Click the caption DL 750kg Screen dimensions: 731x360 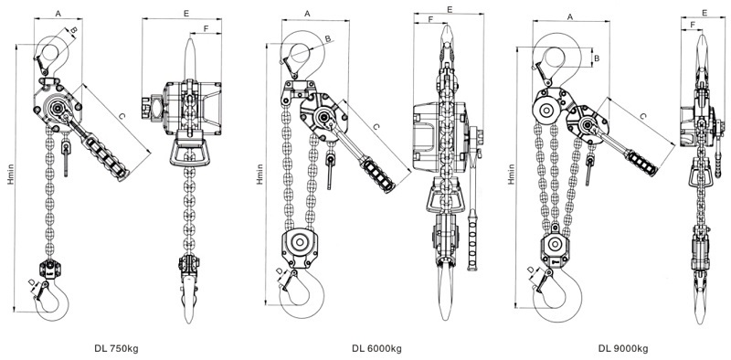click(x=117, y=348)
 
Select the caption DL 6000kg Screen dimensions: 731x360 click(x=376, y=348)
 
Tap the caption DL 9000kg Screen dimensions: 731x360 click(x=623, y=348)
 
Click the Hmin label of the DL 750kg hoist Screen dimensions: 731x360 click(x=11, y=175)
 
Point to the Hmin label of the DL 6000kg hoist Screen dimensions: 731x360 click(x=260, y=174)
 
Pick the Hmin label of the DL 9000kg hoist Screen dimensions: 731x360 click(x=512, y=174)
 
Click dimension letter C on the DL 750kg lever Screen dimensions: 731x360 click(x=122, y=117)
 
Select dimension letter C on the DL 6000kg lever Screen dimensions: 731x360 click(x=376, y=126)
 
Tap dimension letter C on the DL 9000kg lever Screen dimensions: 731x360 click(x=643, y=116)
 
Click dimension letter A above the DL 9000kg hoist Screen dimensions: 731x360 click(x=569, y=16)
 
